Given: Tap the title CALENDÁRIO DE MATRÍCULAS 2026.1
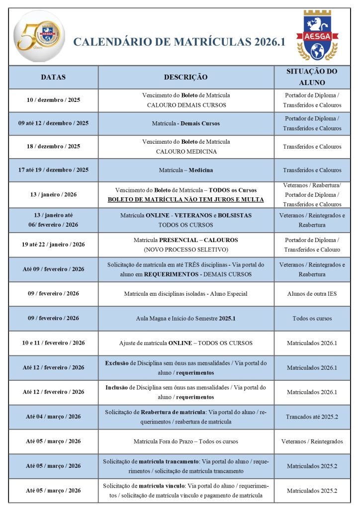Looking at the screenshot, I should pos(179,42).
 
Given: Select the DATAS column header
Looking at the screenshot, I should pos(53,77).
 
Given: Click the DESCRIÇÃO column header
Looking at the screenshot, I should pos(186,77).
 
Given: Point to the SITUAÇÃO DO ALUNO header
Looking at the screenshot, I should pos(312,77).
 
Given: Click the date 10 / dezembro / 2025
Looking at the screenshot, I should pos(53,100).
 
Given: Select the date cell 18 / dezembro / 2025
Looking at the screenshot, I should pos(53,147).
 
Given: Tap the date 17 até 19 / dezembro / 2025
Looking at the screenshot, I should pos(53,170).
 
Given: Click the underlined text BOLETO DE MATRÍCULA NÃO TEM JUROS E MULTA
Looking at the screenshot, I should pos(186,199).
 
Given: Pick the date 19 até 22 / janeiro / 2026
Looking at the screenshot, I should pos(53,245).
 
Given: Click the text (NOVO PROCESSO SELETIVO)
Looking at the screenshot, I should pos(186,250).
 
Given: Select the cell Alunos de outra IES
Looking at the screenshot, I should pos(312,294).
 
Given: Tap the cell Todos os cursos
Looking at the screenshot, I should pos(312,318).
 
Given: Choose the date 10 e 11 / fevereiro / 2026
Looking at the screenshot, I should pos(53,343).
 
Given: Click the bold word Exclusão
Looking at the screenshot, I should pos(117,363).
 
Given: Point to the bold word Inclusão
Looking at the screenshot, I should pos(117,387).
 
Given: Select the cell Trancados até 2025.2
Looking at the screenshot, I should pos(312,417).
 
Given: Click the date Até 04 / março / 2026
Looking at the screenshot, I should pos(53,417).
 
